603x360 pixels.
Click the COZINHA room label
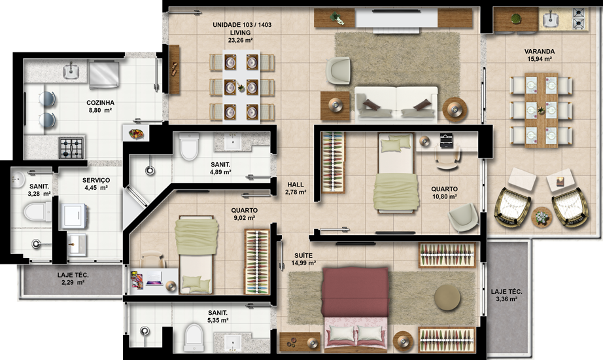click(100, 103)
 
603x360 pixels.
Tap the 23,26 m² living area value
click(241, 40)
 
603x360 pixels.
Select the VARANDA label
click(540, 51)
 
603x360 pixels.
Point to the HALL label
click(296, 185)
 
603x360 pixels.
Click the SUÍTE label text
click(303, 255)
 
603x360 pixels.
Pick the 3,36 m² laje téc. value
click(506, 299)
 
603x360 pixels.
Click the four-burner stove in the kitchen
click(71, 148)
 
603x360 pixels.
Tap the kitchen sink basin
click(71, 71)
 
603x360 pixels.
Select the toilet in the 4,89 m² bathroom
click(189, 147)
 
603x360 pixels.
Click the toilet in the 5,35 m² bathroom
click(194, 338)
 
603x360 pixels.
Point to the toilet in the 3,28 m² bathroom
click(37, 211)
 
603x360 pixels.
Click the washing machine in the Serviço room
click(74, 216)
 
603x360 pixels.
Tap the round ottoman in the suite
click(447, 297)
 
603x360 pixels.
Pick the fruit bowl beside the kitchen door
click(137, 134)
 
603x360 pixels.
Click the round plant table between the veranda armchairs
click(542, 217)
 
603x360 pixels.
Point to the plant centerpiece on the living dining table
click(241, 88)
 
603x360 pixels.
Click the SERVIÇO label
click(96, 180)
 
